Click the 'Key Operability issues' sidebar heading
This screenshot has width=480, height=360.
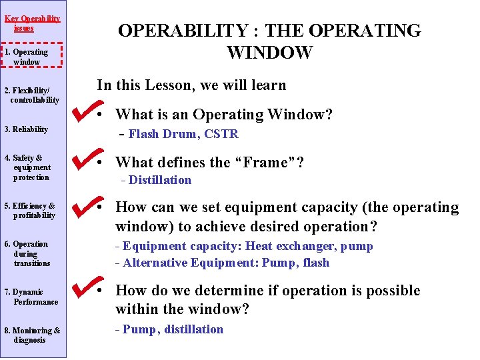(32, 23)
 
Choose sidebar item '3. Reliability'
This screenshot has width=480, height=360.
(26, 129)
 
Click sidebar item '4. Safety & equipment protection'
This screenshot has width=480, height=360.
(30, 168)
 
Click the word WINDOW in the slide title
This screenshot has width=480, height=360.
(269, 53)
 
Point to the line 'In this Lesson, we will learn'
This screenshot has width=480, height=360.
(191, 85)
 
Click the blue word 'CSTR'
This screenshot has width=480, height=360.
(221, 134)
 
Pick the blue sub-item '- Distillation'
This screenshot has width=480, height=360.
(155, 180)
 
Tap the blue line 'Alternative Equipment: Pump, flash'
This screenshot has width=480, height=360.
(222, 263)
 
